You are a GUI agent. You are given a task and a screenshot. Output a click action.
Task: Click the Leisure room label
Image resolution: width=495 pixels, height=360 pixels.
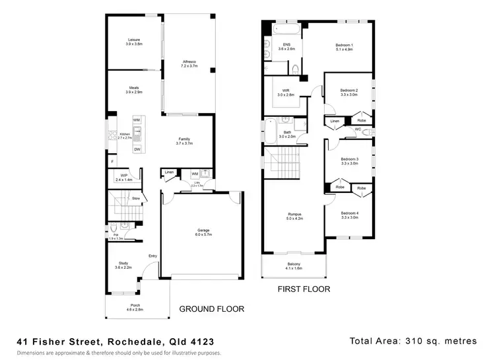[134, 42]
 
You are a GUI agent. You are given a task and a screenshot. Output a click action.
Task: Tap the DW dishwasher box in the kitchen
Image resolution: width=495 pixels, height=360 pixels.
[137, 149]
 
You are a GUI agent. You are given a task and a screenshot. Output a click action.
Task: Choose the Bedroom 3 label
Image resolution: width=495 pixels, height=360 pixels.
[349, 161]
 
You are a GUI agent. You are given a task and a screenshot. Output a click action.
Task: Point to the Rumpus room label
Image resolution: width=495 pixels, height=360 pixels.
[294, 215]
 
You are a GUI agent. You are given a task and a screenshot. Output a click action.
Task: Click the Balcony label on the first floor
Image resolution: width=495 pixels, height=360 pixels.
[294, 266]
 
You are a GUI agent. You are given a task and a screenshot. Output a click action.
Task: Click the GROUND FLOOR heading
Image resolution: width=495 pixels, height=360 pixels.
[212, 308]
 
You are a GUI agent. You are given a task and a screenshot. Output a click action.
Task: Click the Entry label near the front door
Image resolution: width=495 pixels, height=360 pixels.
[153, 256]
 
